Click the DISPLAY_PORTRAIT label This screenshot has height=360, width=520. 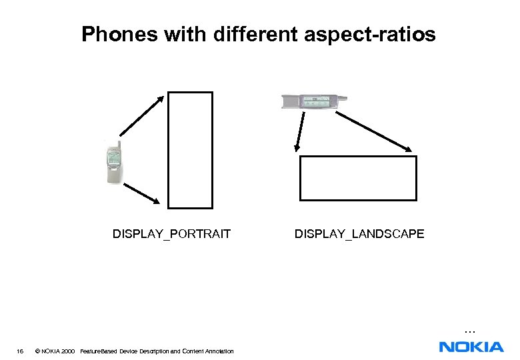(x=171, y=234)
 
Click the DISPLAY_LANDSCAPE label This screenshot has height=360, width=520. (x=359, y=234)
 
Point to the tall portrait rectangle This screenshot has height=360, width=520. (x=190, y=150)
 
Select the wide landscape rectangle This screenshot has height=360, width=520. (x=358, y=178)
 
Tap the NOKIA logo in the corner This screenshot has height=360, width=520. (x=471, y=346)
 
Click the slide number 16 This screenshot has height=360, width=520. (x=21, y=351)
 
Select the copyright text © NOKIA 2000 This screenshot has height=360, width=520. (x=54, y=351)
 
